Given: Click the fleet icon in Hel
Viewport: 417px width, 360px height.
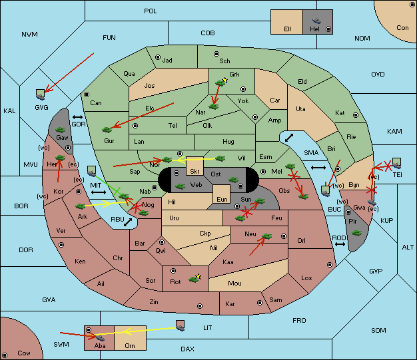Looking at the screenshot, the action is click(x=316, y=21).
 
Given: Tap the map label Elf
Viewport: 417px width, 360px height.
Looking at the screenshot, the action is click(x=288, y=29).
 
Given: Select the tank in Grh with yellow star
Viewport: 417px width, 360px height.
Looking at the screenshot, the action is click(x=220, y=83).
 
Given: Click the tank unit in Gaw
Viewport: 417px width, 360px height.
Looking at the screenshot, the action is click(x=61, y=129).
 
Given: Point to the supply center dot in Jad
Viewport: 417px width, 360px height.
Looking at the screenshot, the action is click(x=158, y=57).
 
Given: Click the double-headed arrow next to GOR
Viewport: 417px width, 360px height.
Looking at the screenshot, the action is click(x=77, y=117).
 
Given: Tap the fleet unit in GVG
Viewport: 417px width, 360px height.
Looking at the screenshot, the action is click(x=41, y=94).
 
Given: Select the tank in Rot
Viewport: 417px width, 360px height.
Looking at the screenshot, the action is click(x=195, y=278).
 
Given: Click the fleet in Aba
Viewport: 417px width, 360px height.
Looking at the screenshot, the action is click(x=100, y=337).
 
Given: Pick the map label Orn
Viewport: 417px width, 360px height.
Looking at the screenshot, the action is click(x=130, y=345).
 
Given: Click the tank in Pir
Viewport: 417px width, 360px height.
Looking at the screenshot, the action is click(x=356, y=233).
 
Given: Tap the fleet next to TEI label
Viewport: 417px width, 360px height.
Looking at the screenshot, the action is click(x=397, y=163).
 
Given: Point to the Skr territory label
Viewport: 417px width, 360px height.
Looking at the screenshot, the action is click(x=195, y=172).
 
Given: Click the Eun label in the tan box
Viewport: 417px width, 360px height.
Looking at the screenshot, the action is click(x=222, y=199).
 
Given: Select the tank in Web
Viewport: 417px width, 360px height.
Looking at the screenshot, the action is click(x=181, y=186).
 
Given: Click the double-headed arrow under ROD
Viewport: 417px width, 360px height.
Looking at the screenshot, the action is click(x=340, y=244).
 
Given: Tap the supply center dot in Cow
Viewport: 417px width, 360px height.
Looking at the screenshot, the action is click(x=5, y=355).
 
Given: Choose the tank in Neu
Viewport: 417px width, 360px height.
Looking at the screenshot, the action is click(x=266, y=236).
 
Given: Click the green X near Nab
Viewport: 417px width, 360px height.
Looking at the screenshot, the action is click(x=117, y=191).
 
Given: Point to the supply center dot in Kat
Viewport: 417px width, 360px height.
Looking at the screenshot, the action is click(x=356, y=115).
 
